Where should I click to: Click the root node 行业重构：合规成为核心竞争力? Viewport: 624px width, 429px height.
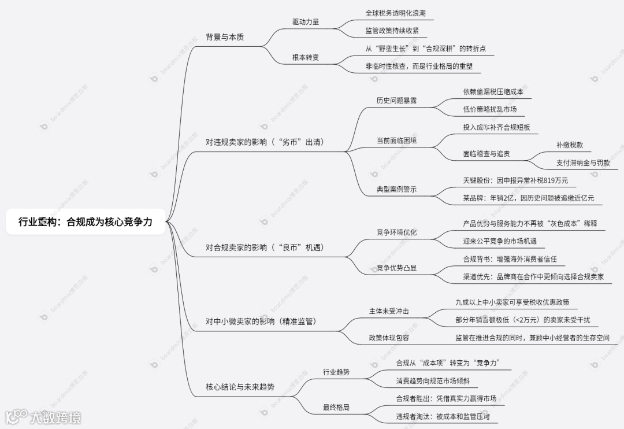tap(86, 221)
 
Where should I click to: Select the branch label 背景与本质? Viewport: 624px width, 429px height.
tap(225, 37)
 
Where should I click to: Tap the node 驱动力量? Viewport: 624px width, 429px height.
tap(306, 22)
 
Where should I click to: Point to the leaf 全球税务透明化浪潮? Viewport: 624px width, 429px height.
tap(396, 13)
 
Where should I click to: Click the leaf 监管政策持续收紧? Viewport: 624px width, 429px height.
tap(392, 31)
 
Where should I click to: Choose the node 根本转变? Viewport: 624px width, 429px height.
tap(306, 57)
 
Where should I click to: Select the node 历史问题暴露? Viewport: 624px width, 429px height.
tap(396, 100)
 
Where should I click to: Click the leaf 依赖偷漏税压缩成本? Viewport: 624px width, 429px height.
tap(493, 91)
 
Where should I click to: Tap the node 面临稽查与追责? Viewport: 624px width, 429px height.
tap(486, 154)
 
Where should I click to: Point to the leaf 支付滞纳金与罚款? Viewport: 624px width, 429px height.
tap(583, 163)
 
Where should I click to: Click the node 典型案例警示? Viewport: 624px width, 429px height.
tap(396, 189)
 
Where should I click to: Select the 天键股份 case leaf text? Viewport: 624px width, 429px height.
tap(516, 180)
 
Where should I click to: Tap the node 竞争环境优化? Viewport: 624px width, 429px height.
tap(396, 232)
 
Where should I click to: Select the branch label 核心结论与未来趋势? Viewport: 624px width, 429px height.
tap(240, 387)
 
